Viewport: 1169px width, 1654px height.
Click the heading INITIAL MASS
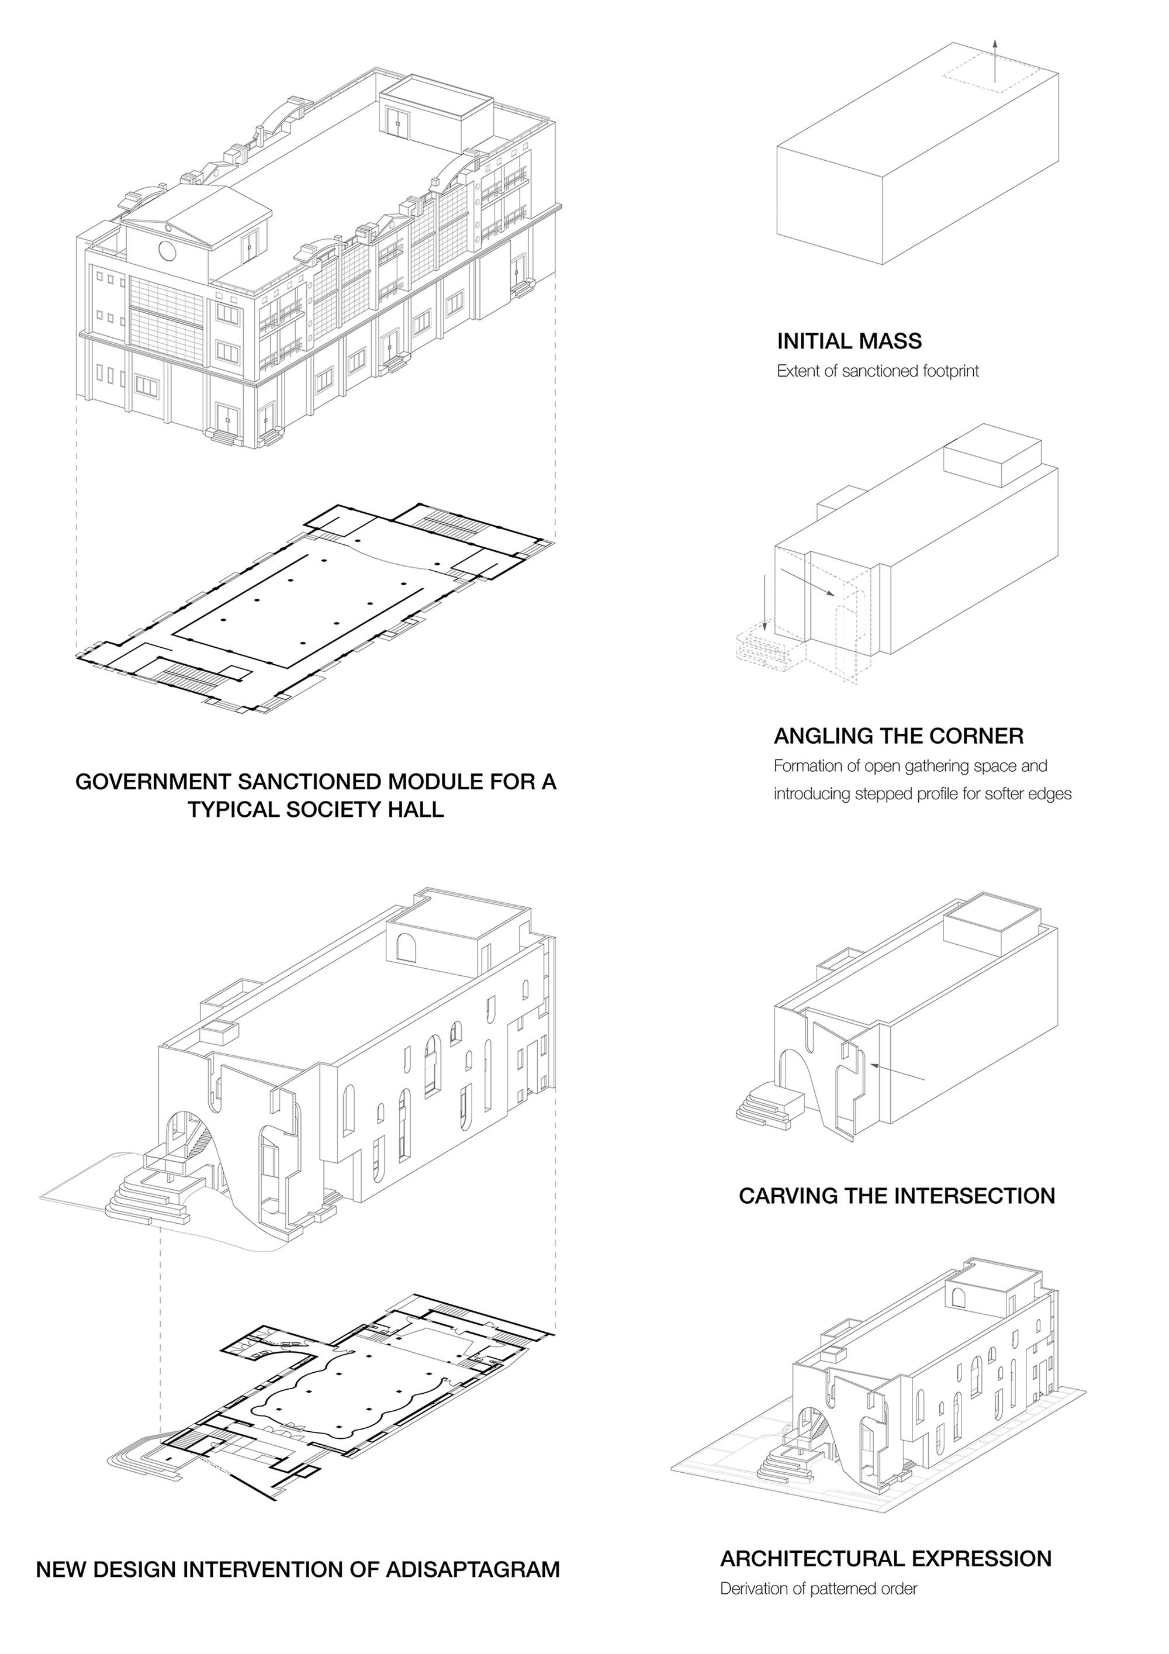849,341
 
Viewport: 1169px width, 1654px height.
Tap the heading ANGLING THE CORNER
898,736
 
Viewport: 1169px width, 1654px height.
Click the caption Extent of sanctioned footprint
877,372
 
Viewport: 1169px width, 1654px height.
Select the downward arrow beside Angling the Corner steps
765,597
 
